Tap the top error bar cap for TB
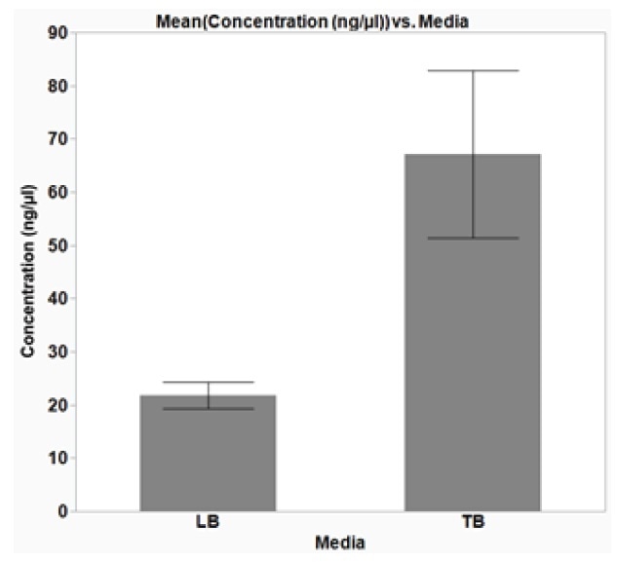pos(473,71)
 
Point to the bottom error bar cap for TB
pos(473,238)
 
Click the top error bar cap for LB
pos(208,382)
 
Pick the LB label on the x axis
pos(208,523)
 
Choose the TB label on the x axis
pos(473,523)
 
